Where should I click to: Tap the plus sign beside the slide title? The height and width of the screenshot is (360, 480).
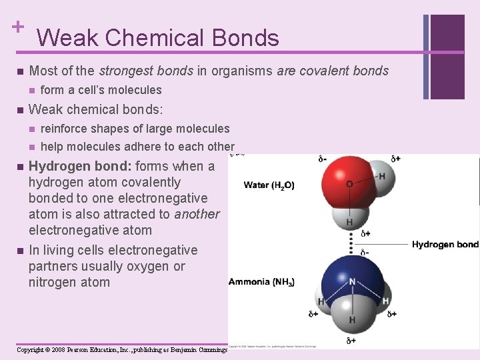17,27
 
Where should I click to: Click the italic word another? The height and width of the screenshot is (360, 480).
197,215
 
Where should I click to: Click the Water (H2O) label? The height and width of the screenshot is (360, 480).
269,185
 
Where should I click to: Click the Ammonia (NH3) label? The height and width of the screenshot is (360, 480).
261,282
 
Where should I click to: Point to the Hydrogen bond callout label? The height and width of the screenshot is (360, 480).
445,245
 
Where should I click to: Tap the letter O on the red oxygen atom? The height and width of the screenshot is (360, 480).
349,183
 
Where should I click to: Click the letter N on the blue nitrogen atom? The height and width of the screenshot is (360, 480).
352,282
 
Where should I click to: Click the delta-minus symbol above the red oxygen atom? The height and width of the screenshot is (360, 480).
322,159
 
